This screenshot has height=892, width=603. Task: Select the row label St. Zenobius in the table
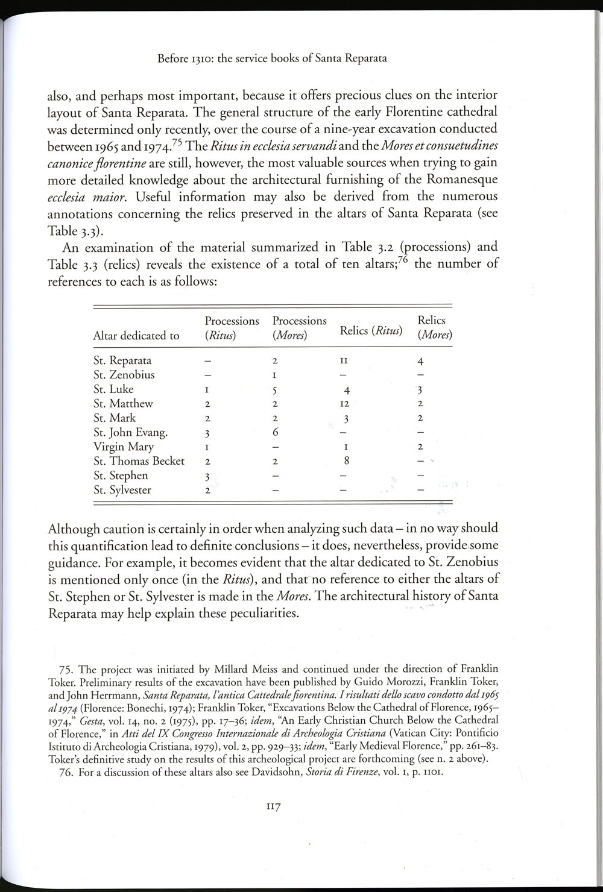[x=124, y=375]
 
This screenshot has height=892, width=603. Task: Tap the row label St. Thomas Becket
[x=139, y=461]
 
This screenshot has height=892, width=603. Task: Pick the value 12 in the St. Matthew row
[x=344, y=404]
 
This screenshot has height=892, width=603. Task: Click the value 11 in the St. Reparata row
[x=344, y=361]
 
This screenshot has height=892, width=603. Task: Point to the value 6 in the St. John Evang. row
[x=274, y=433]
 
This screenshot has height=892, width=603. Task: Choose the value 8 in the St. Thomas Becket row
[x=346, y=461]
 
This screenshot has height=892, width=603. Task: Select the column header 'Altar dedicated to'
[x=136, y=336]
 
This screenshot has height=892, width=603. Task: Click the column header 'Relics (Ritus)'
[x=371, y=330]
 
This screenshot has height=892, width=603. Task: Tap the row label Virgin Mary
[x=123, y=447]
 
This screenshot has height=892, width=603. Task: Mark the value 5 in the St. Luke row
[x=274, y=390]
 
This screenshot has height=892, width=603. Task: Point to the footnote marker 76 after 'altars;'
[x=402, y=260]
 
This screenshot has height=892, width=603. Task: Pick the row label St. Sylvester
[x=122, y=490]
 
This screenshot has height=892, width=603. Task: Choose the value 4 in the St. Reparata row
[x=420, y=362]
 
